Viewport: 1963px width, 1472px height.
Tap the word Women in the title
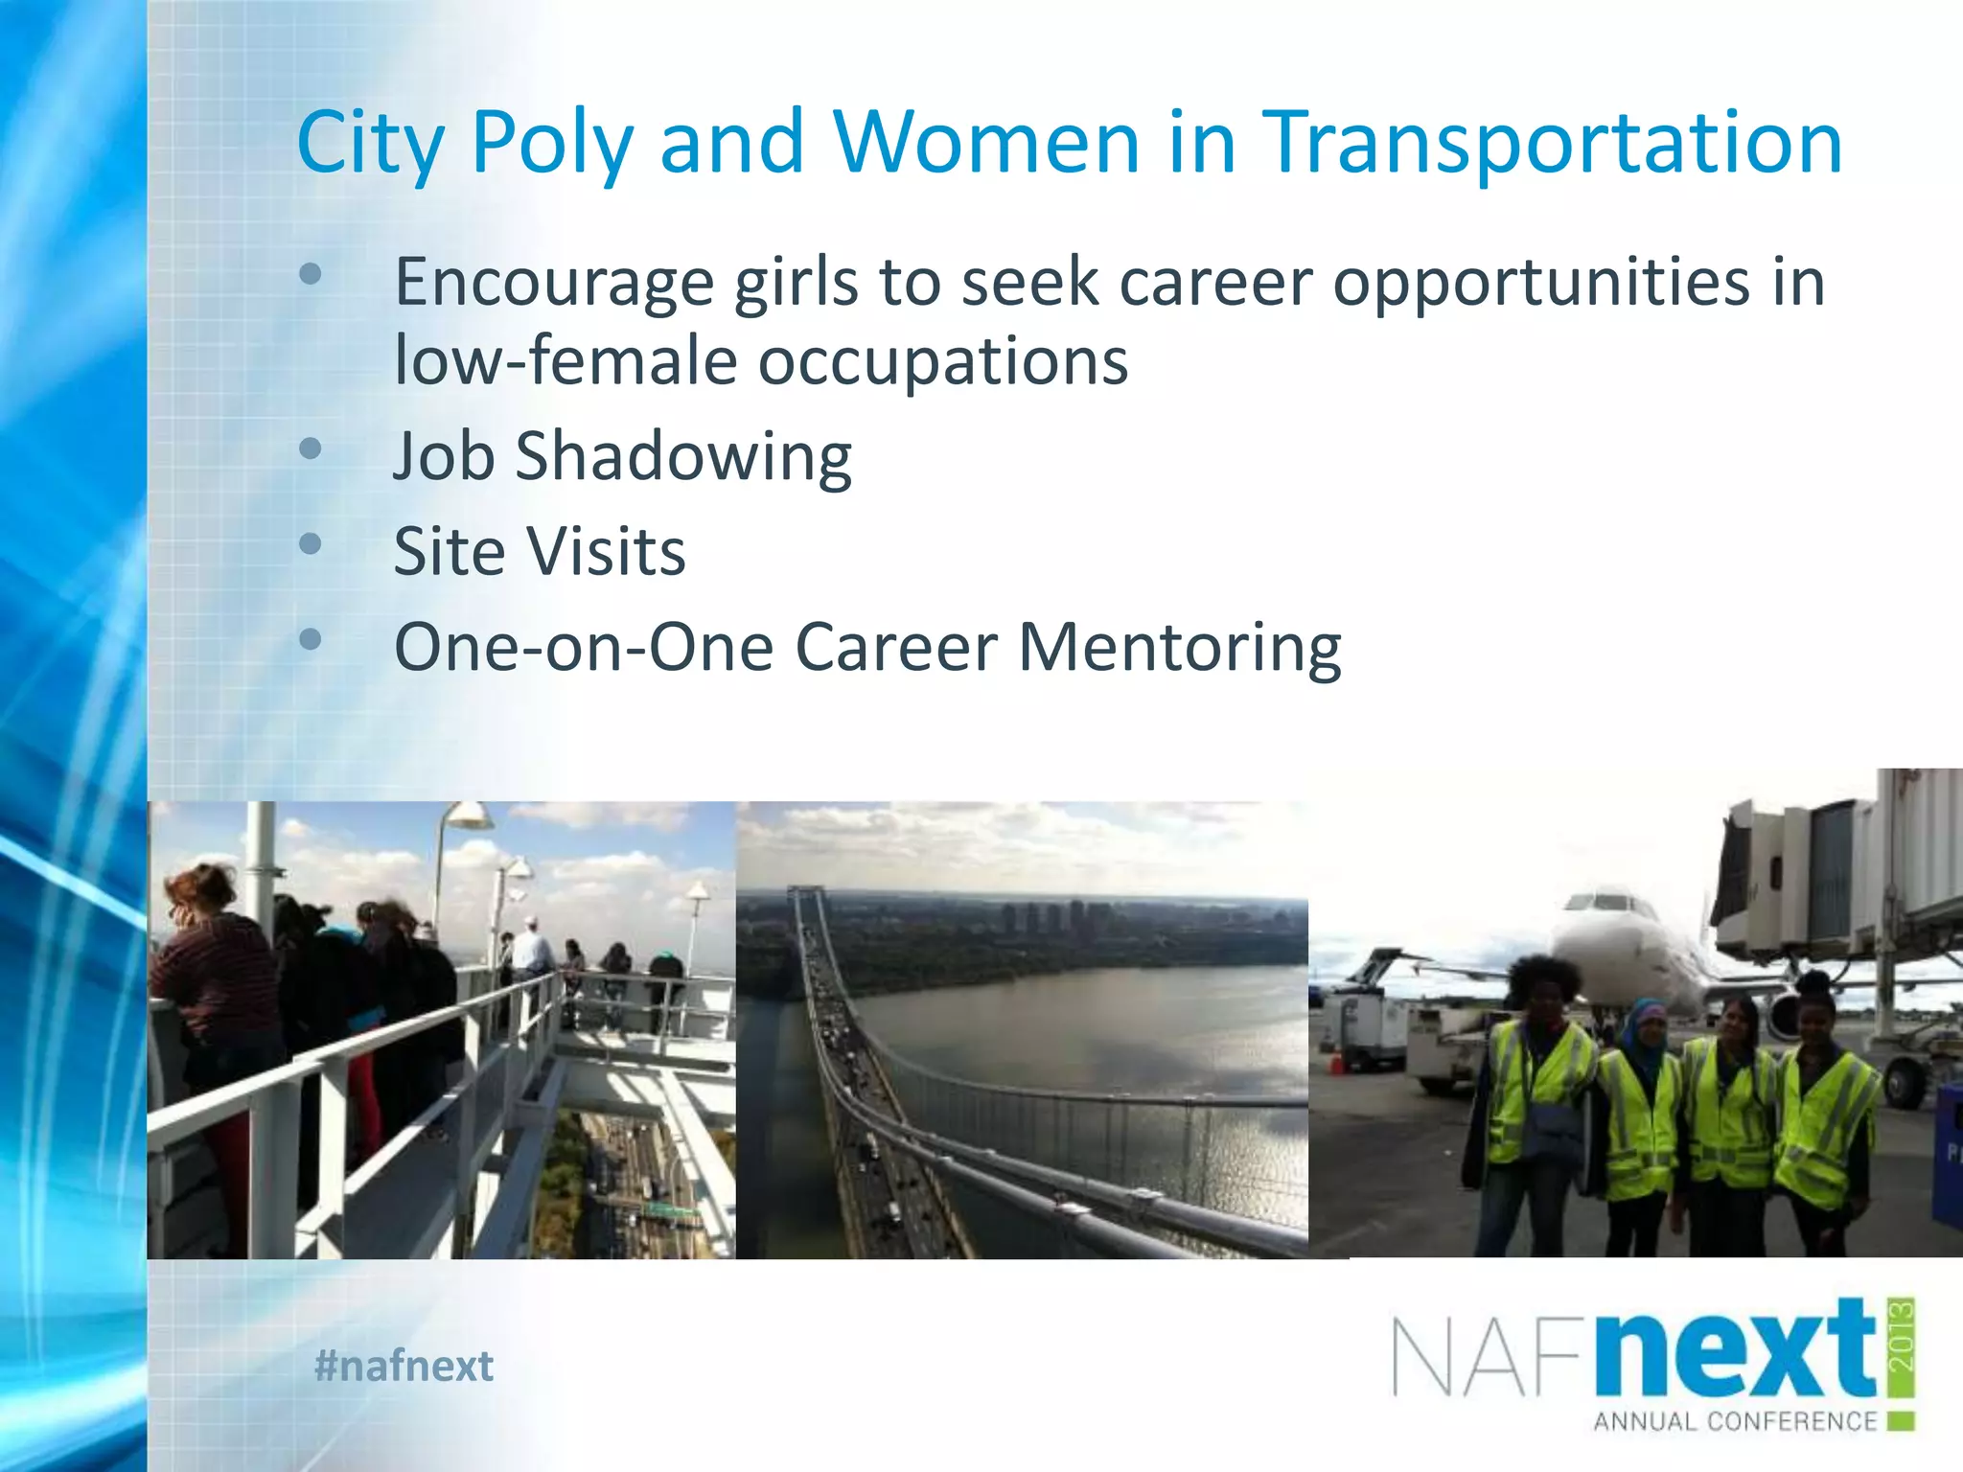(986, 144)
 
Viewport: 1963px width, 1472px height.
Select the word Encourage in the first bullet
(554, 284)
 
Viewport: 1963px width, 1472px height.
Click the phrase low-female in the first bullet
(566, 361)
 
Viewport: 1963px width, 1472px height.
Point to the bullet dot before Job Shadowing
(310, 448)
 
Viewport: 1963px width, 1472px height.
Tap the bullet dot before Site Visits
(310, 544)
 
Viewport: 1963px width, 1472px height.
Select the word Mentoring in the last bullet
(1179, 648)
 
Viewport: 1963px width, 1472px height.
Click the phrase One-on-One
(583, 648)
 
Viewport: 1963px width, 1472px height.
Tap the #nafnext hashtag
(404, 1366)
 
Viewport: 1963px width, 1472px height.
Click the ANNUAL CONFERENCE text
(1735, 1421)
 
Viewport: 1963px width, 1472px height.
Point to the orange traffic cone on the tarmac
(1338, 1060)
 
